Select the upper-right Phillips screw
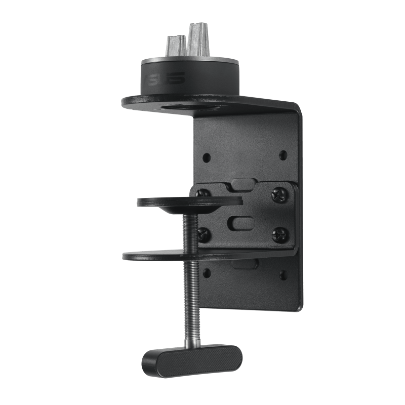coord(278,194)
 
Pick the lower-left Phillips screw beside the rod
coord(204,234)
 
